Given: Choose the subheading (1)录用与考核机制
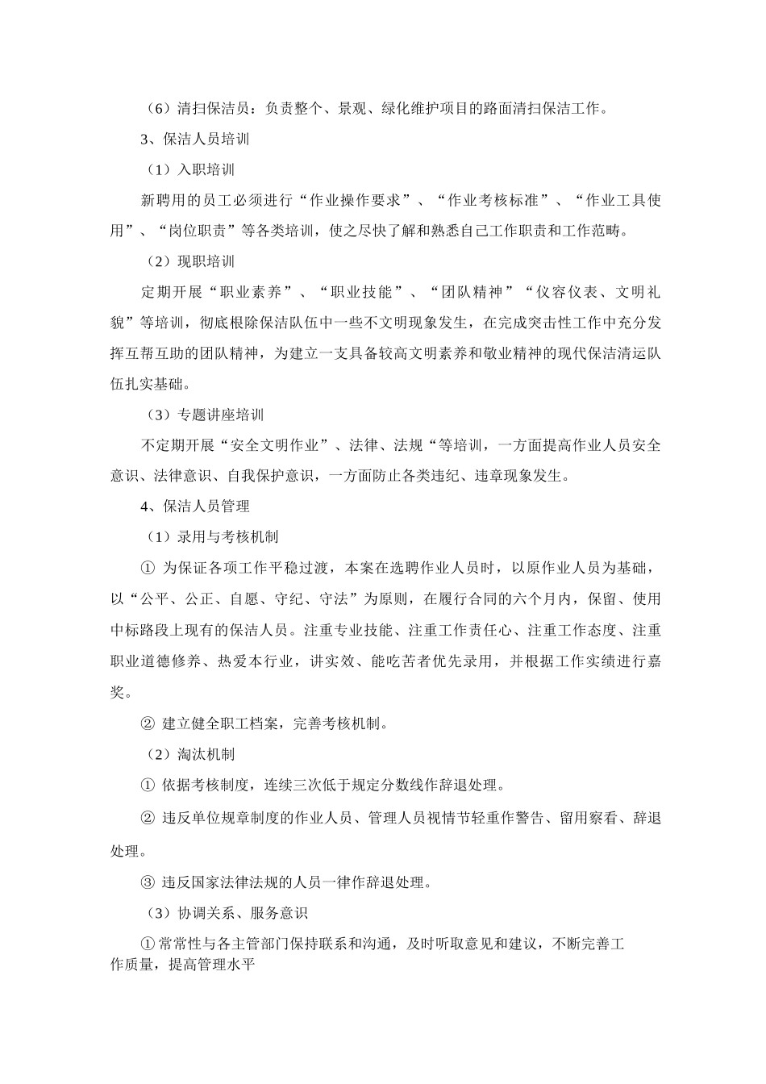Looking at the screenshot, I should coord(212,537).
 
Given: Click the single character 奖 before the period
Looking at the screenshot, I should coord(117,691).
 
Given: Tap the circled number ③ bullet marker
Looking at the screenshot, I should coord(148,882).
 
